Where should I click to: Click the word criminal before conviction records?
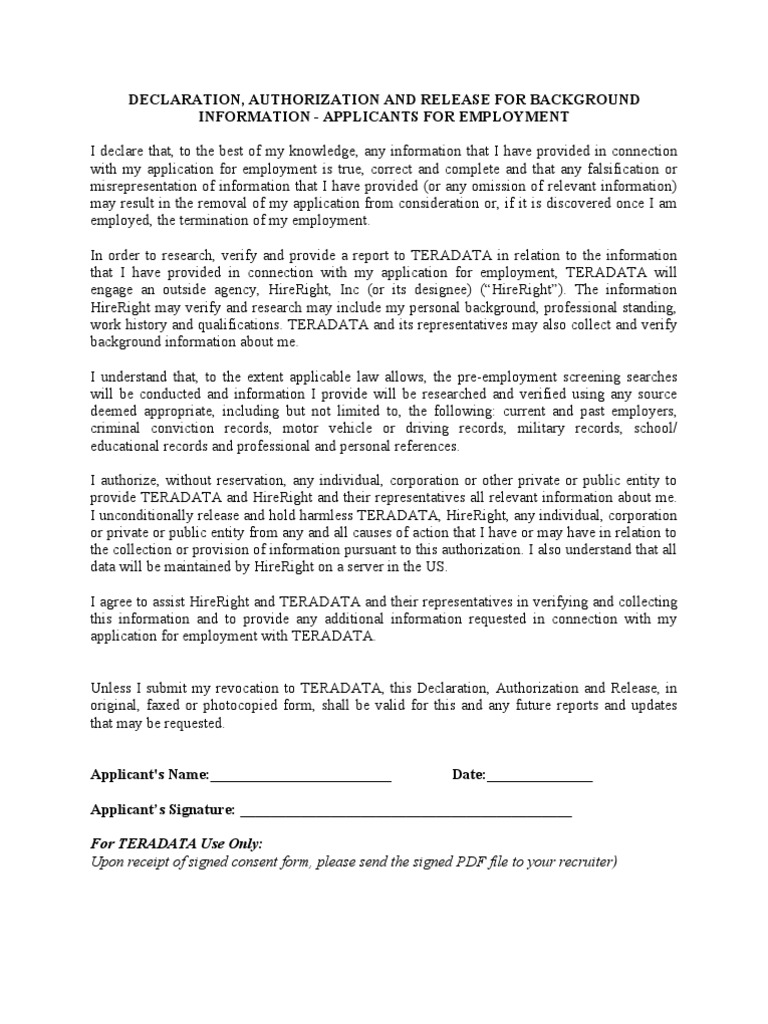tap(115, 429)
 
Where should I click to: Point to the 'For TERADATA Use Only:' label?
tap(176, 844)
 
